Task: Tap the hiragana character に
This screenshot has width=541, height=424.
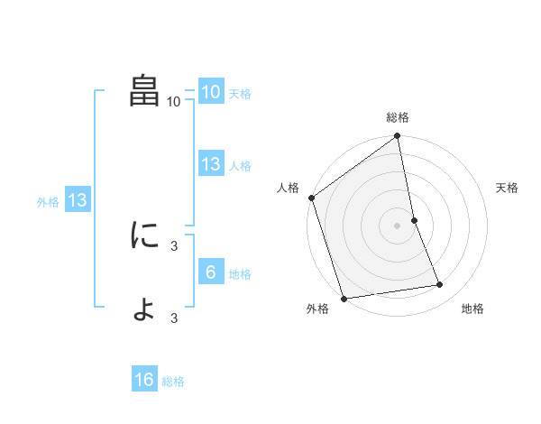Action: (145, 235)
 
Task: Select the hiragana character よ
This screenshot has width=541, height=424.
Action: (145, 309)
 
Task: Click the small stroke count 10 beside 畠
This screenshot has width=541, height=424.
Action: (174, 102)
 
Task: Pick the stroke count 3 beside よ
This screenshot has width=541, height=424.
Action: (174, 318)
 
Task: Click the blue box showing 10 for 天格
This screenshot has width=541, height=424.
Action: (210, 92)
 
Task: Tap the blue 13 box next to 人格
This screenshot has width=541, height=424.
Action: (210, 164)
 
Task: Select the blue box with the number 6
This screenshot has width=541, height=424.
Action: (210, 272)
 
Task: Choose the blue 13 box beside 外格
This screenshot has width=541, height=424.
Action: (78, 201)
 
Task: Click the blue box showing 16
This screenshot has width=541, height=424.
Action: (144, 381)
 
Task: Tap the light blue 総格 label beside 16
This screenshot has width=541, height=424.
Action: (173, 382)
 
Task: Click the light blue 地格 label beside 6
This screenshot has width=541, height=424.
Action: (240, 274)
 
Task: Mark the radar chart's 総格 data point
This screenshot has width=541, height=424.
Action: (398, 137)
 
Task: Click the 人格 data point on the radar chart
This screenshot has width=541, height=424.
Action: (311, 198)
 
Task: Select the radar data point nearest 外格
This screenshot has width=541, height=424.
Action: (344, 298)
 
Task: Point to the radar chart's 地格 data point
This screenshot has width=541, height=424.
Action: (440, 285)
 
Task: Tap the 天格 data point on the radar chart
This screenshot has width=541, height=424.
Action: (414, 220)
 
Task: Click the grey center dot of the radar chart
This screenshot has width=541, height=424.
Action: (397, 226)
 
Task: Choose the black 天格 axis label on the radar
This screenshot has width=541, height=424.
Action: (507, 188)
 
